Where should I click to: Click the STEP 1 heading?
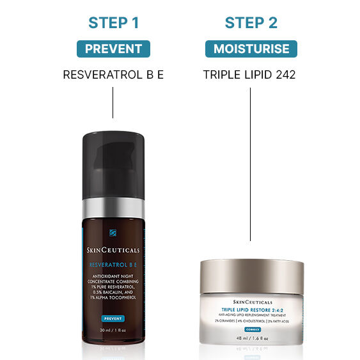[113, 23]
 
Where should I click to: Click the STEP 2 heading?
[250, 23]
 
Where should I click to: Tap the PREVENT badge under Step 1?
[113, 49]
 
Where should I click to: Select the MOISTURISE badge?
[250, 49]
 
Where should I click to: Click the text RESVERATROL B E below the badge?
[113, 75]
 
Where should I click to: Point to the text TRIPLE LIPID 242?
[249, 75]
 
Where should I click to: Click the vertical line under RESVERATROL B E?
[113, 102]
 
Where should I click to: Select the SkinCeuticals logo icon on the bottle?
[113, 233]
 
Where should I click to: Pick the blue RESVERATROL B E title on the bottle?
[113, 263]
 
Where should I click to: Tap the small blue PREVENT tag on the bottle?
[113, 318]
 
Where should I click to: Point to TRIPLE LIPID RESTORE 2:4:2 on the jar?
[250, 309]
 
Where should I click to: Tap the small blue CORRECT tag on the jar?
[250, 328]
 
